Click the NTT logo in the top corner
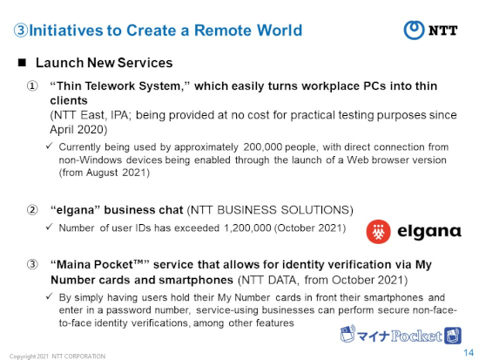click(430, 31)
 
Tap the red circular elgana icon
click(378, 232)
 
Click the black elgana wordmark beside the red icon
click(429, 232)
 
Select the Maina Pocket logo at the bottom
click(401, 335)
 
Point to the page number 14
click(469, 353)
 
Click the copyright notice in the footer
click(57, 357)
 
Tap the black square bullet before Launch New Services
click(22, 63)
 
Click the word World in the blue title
click(280, 31)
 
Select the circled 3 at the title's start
click(21, 31)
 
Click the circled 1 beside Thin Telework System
click(32, 86)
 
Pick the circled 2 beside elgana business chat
click(32, 210)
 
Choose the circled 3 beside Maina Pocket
click(32, 264)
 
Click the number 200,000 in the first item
click(262, 147)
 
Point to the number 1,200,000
click(247, 228)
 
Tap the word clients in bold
click(69, 100)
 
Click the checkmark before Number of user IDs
click(49, 227)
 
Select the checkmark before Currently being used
click(49, 146)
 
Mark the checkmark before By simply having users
click(49, 296)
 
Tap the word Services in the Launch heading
click(145, 63)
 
